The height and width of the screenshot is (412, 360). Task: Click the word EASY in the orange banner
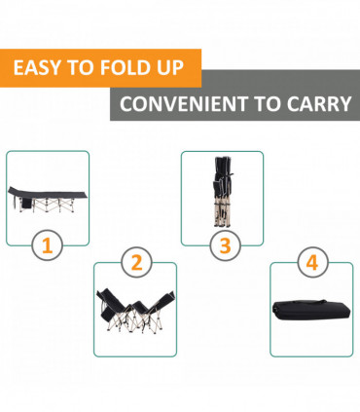pyautogui.click(x=37, y=67)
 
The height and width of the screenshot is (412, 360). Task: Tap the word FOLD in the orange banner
pyautogui.click(x=123, y=67)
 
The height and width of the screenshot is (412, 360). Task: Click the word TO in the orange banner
pyautogui.click(x=80, y=67)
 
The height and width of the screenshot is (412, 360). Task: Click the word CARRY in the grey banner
pyautogui.click(x=319, y=104)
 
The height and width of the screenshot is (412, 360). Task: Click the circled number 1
pyautogui.click(x=48, y=245)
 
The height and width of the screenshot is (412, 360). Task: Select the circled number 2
pyautogui.click(x=136, y=262)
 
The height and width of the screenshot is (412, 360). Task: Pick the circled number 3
pyautogui.click(x=225, y=245)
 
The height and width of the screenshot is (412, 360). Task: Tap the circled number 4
pyautogui.click(x=312, y=262)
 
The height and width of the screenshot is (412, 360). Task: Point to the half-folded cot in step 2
pyautogui.click(x=135, y=311)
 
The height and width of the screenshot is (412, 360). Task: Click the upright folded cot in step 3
pyautogui.click(x=222, y=192)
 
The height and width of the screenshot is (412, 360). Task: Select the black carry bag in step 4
pyautogui.click(x=311, y=309)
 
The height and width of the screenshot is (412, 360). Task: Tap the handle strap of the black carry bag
pyautogui.click(x=308, y=302)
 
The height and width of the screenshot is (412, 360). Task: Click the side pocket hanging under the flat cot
pyautogui.click(x=27, y=205)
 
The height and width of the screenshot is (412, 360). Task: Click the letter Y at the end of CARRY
pyautogui.click(x=344, y=104)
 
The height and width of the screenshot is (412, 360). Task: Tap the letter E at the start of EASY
pyautogui.click(x=18, y=67)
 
